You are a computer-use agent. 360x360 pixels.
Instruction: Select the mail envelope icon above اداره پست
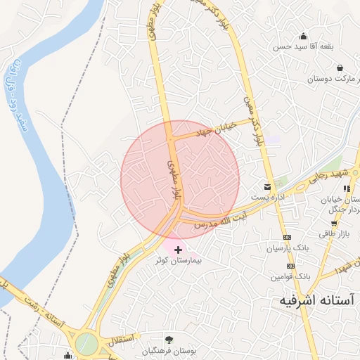267,187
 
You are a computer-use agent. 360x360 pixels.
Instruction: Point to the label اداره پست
269,198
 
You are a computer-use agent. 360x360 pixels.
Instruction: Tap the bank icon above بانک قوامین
291,266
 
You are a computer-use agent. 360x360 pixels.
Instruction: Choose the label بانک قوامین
292,276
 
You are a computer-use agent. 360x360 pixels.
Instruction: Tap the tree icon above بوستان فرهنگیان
168,340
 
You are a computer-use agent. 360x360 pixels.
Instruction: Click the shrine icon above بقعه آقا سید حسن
303,37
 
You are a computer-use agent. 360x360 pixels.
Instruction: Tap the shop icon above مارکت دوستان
340,68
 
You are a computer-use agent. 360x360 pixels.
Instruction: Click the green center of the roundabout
86,344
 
